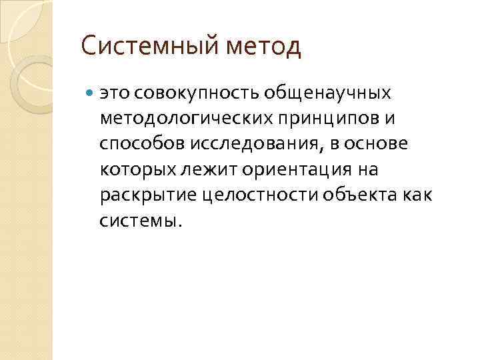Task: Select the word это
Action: tap(112, 93)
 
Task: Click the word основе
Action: tap(389, 144)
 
